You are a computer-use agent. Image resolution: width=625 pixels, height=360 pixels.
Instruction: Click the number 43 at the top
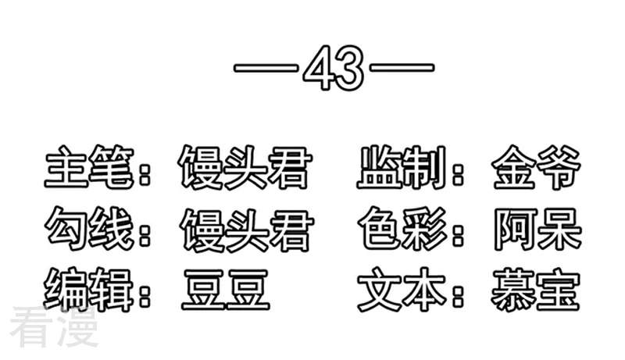(x=334, y=68)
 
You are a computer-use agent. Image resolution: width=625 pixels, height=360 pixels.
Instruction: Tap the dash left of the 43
(x=266, y=68)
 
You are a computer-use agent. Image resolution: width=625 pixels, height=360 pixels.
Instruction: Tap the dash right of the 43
(x=402, y=68)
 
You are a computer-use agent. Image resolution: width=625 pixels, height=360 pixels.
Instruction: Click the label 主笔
(x=89, y=167)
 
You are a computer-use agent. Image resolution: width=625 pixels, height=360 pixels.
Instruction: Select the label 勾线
(x=89, y=229)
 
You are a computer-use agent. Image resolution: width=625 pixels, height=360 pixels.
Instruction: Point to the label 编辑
(x=89, y=290)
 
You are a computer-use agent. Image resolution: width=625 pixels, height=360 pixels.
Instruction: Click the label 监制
(x=402, y=167)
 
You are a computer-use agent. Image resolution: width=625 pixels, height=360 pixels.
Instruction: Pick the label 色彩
(x=402, y=229)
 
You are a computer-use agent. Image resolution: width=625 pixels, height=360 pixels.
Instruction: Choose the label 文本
(x=402, y=290)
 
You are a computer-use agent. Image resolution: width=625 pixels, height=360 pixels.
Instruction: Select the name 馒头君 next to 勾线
(x=247, y=230)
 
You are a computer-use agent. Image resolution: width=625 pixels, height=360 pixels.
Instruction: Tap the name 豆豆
(x=226, y=290)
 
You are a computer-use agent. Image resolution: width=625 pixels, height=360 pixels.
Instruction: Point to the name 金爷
(x=536, y=168)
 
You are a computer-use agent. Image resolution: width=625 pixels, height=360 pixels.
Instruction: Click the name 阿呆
(x=537, y=230)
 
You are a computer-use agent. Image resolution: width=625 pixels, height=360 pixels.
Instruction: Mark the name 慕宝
(x=536, y=290)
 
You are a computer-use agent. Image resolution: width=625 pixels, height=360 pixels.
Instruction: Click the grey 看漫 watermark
(x=55, y=326)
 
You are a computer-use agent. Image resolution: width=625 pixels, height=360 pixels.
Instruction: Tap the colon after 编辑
(x=145, y=293)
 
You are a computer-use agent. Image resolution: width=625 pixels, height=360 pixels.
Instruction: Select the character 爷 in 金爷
(x=559, y=168)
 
